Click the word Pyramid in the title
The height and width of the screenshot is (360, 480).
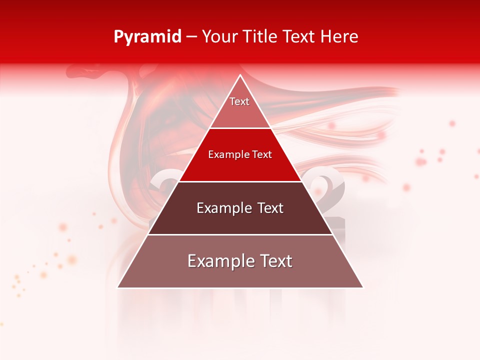[147, 37]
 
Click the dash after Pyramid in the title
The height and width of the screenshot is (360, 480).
[191, 37]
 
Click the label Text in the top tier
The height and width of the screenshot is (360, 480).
[239, 101]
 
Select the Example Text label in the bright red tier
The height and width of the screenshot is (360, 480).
[240, 154]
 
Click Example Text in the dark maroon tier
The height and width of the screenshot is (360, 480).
[240, 208]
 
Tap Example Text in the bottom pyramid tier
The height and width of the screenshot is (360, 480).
[240, 261]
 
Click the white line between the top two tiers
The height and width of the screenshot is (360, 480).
[240, 128]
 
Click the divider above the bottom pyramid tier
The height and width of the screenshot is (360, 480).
[240, 234]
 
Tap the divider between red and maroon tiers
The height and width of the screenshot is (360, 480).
[240, 181]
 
